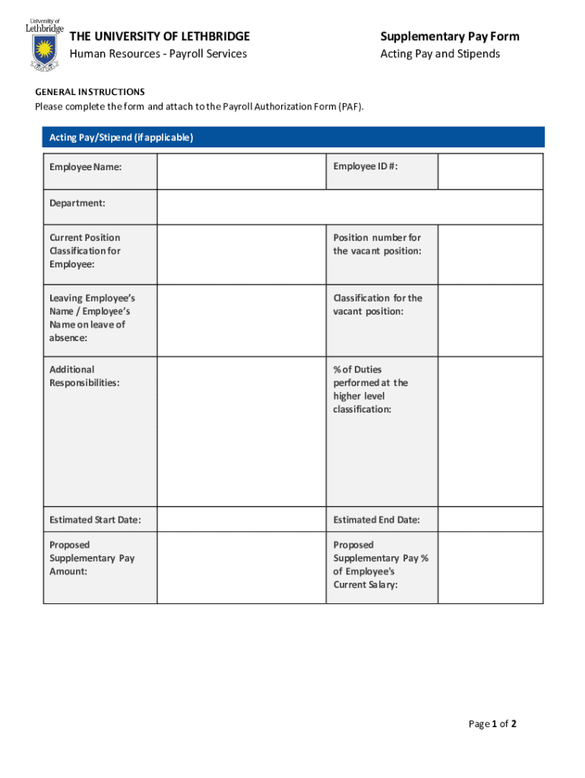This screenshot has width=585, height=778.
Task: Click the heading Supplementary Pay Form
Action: click(450, 36)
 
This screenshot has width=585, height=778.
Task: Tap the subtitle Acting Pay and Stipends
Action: click(440, 54)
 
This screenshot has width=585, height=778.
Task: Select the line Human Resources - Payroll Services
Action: click(158, 54)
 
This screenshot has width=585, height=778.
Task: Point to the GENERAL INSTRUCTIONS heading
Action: click(90, 92)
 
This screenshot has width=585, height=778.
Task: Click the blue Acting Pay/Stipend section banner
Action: click(293, 138)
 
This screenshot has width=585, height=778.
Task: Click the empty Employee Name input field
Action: click(242, 171)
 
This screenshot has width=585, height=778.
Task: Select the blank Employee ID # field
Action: click(490, 171)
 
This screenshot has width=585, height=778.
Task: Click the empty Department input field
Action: click(349, 207)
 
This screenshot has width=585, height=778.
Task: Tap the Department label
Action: click(77, 203)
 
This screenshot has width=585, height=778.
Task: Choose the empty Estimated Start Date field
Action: click(242, 520)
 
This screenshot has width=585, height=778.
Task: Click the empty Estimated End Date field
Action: click(490, 520)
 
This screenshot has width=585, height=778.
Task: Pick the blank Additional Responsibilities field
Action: click(242, 432)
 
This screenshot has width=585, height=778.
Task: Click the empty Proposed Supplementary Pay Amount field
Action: click(242, 568)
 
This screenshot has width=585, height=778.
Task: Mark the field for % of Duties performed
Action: click(490, 432)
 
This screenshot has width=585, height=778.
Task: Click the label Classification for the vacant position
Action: click(378, 305)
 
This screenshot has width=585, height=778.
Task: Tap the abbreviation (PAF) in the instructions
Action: click(351, 106)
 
